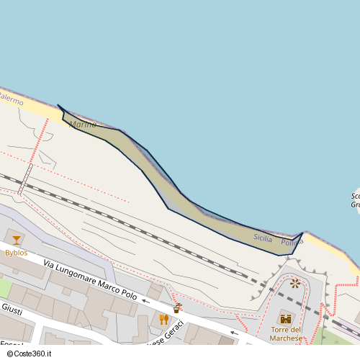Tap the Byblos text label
coord(16,253)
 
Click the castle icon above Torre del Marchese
coord(286,318)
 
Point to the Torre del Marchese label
coord(286,334)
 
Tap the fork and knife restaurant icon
coord(163,320)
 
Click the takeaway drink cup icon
coord(177,307)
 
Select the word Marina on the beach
coord(83,125)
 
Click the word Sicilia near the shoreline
coord(263,237)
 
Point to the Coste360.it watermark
coord(31,354)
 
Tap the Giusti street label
coord(12,310)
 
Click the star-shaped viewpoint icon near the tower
coord(295,283)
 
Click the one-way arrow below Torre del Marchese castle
coord(233,333)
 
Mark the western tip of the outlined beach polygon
coord(58,106)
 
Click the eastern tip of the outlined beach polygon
coord(302,233)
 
